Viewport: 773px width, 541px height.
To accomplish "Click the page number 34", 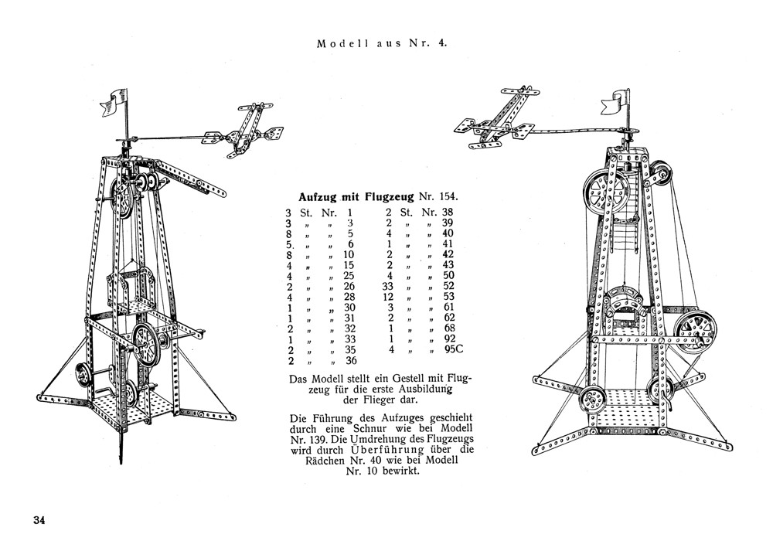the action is [39, 520].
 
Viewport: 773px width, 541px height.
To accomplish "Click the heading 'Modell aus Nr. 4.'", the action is [382, 43].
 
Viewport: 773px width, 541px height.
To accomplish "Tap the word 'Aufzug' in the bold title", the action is [318, 197].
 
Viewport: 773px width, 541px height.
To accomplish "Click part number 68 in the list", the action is [448, 328].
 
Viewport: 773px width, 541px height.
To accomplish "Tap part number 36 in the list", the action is [350, 361].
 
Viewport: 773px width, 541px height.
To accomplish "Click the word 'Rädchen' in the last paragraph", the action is [325, 461].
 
